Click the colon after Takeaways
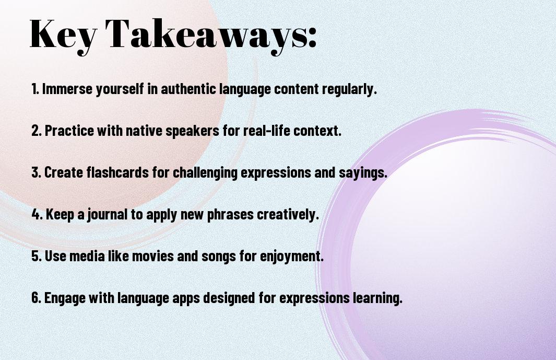[x=312, y=36]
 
